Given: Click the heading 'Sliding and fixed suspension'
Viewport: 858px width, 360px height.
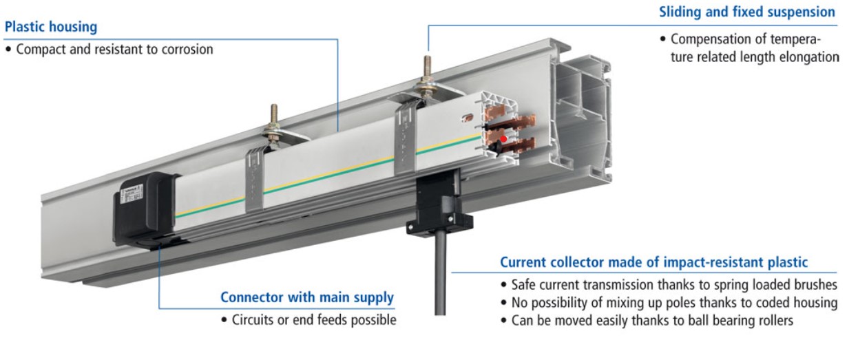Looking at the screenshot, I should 747,12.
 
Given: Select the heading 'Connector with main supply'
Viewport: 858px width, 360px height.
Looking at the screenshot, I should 307,298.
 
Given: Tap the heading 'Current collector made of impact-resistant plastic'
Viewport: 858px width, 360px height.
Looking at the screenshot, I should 653,262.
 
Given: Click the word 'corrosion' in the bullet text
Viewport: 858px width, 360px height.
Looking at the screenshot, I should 187,50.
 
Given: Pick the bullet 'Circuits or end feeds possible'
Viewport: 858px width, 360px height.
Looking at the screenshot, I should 312,320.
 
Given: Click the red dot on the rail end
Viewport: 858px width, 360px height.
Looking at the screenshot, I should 503,139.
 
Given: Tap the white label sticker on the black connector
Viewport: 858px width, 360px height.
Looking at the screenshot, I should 132,195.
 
